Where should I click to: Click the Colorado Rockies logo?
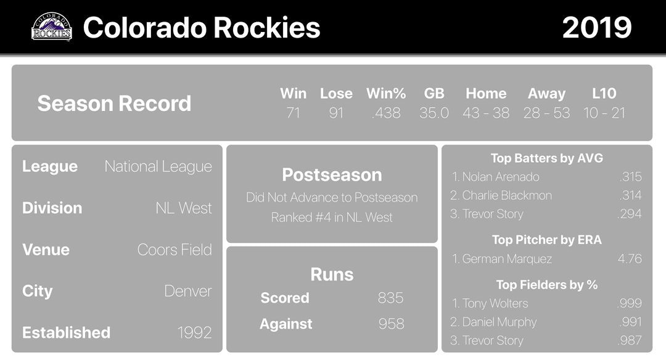click(x=52, y=27)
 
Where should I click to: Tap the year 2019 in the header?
click(x=597, y=28)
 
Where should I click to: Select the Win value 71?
click(x=293, y=113)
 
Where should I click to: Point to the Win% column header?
click(x=386, y=94)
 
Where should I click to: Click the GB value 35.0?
click(x=434, y=113)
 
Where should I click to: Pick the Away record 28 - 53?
click(x=546, y=113)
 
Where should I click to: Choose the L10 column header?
click(x=604, y=94)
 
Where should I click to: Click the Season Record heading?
click(x=114, y=103)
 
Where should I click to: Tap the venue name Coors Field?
click(x=175, y=250)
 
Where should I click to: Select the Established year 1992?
click(x=194, y=333)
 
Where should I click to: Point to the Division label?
click(x=52, y=208)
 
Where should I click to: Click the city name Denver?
click(x=187, y=291)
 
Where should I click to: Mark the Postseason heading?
click(x=332, y=175)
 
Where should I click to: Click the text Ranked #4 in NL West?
click(x=332, y=218)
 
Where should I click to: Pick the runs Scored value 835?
click(x=390, y=298)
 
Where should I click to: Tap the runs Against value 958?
click(x=391, y=324)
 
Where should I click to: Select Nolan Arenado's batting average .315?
click(x=631, y=176)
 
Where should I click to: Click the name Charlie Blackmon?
click(x=507, y=195)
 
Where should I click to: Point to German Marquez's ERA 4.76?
click(x=630, y=258)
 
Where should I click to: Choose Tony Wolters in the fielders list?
click(x=495, y=303)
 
